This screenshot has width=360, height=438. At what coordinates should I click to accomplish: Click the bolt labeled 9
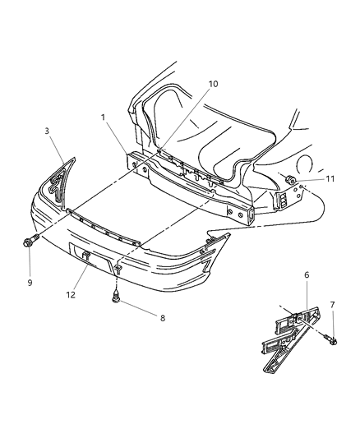point(30,242)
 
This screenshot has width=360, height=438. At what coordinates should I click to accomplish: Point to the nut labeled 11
point(293,179)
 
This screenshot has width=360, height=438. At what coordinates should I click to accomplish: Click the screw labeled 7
point(327,338)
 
